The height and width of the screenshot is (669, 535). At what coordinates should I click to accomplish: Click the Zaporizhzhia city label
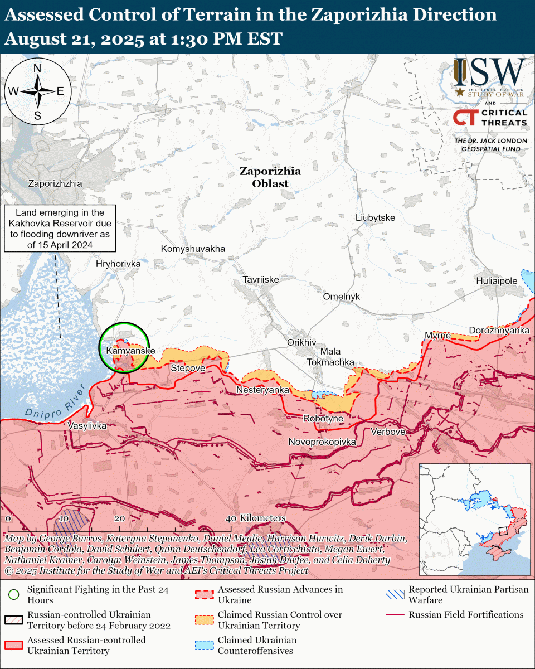pyautogui.click(x=55, y=183)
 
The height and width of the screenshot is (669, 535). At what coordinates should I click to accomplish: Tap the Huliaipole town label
pyautogui.click(x=497, y=281)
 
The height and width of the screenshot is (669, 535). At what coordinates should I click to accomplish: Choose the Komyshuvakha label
pyautogui.click(x=193, y=249)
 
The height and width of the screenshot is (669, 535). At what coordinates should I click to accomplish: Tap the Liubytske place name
pyautogui.click(x=375, y=217)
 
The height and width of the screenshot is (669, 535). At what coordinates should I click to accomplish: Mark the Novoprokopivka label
pyautogui.click(x=322, y=442)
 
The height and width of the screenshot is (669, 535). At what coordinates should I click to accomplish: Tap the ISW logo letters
pyautogui.click(x=490, y=72)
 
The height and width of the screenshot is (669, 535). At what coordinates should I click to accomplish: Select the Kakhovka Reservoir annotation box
pyautogui.click(x=60, y=229)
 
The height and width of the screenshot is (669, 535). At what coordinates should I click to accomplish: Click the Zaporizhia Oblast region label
pyautogui.click(x=270, y=177)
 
